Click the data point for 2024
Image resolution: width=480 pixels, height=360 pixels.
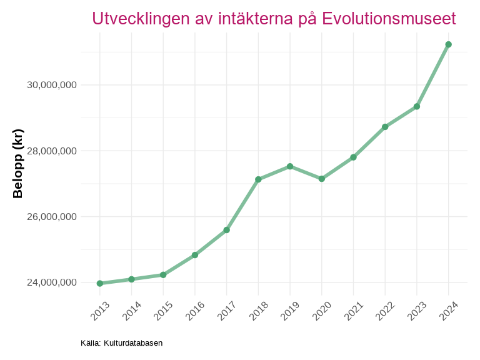pos(448,44)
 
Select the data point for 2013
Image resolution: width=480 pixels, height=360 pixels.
pos(100,283)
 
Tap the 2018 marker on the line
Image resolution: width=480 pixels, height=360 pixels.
pos(258,179)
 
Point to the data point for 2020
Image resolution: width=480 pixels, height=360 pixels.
pos(322,179)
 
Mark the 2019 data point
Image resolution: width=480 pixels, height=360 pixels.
pos(290,166)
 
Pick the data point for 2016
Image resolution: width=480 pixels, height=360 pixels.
pos(195,255)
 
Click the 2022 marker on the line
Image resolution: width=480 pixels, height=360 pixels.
pos(385,127)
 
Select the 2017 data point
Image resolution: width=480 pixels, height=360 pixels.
pos(227,230)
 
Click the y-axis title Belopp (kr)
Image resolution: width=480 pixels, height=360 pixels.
pos(18,164)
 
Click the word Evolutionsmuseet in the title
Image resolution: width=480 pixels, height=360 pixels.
pos(389,19)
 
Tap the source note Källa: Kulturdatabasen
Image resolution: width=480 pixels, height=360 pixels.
pos(122,343)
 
